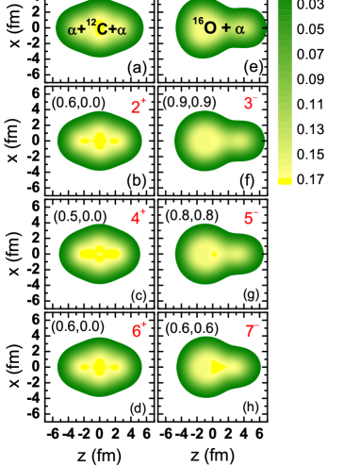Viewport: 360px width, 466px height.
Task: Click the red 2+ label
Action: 138,107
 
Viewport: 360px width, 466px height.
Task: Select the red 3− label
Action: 251,103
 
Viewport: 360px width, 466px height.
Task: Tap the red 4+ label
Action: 138,218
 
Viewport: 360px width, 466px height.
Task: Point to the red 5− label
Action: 251,218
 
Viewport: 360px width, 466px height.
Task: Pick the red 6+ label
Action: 138,331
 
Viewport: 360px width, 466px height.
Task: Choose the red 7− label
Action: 251,331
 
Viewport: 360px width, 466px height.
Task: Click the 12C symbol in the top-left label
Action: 97,27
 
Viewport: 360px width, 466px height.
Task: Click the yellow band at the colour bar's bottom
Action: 284,180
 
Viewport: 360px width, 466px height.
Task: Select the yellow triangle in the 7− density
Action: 218,367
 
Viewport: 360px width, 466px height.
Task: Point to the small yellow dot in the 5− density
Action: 214,254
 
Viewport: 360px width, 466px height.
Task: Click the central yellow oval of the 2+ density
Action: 99,141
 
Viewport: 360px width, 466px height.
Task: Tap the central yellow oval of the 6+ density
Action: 99,367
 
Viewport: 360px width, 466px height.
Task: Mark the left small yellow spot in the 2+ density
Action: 85,141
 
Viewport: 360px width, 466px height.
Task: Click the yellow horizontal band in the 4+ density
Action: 99,254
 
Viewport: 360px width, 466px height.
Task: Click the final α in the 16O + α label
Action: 239,29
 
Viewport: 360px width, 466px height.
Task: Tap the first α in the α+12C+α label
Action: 73,30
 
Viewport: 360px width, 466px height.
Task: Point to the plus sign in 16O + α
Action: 225,28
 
